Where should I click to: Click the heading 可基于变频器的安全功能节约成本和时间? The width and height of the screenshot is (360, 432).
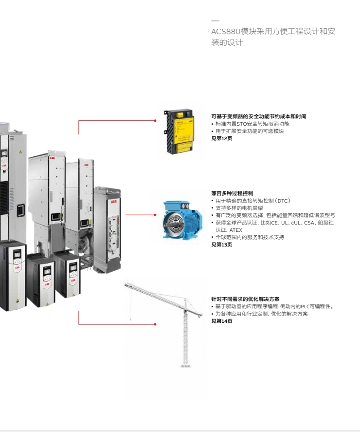point(258,117)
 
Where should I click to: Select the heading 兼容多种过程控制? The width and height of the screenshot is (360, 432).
point(232,193)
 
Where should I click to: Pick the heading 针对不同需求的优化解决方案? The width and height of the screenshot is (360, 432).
point(245,299)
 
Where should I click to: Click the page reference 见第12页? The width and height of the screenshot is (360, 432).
point(222,138)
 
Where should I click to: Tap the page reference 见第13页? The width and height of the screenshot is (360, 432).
point(222,244)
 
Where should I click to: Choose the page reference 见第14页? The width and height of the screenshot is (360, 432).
point(222,321)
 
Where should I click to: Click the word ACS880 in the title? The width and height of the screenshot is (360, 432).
point(225,32)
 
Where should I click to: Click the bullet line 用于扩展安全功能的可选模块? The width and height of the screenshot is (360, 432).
point(250,131)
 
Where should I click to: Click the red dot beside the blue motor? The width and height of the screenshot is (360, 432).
point(155,214)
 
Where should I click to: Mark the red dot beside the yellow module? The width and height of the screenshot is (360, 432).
point(155,120)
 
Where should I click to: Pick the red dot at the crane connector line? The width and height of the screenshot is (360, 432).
point(155,324)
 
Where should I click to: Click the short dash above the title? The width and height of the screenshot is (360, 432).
point(215,21)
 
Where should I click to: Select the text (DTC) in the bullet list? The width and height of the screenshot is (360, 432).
point(281,201)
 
